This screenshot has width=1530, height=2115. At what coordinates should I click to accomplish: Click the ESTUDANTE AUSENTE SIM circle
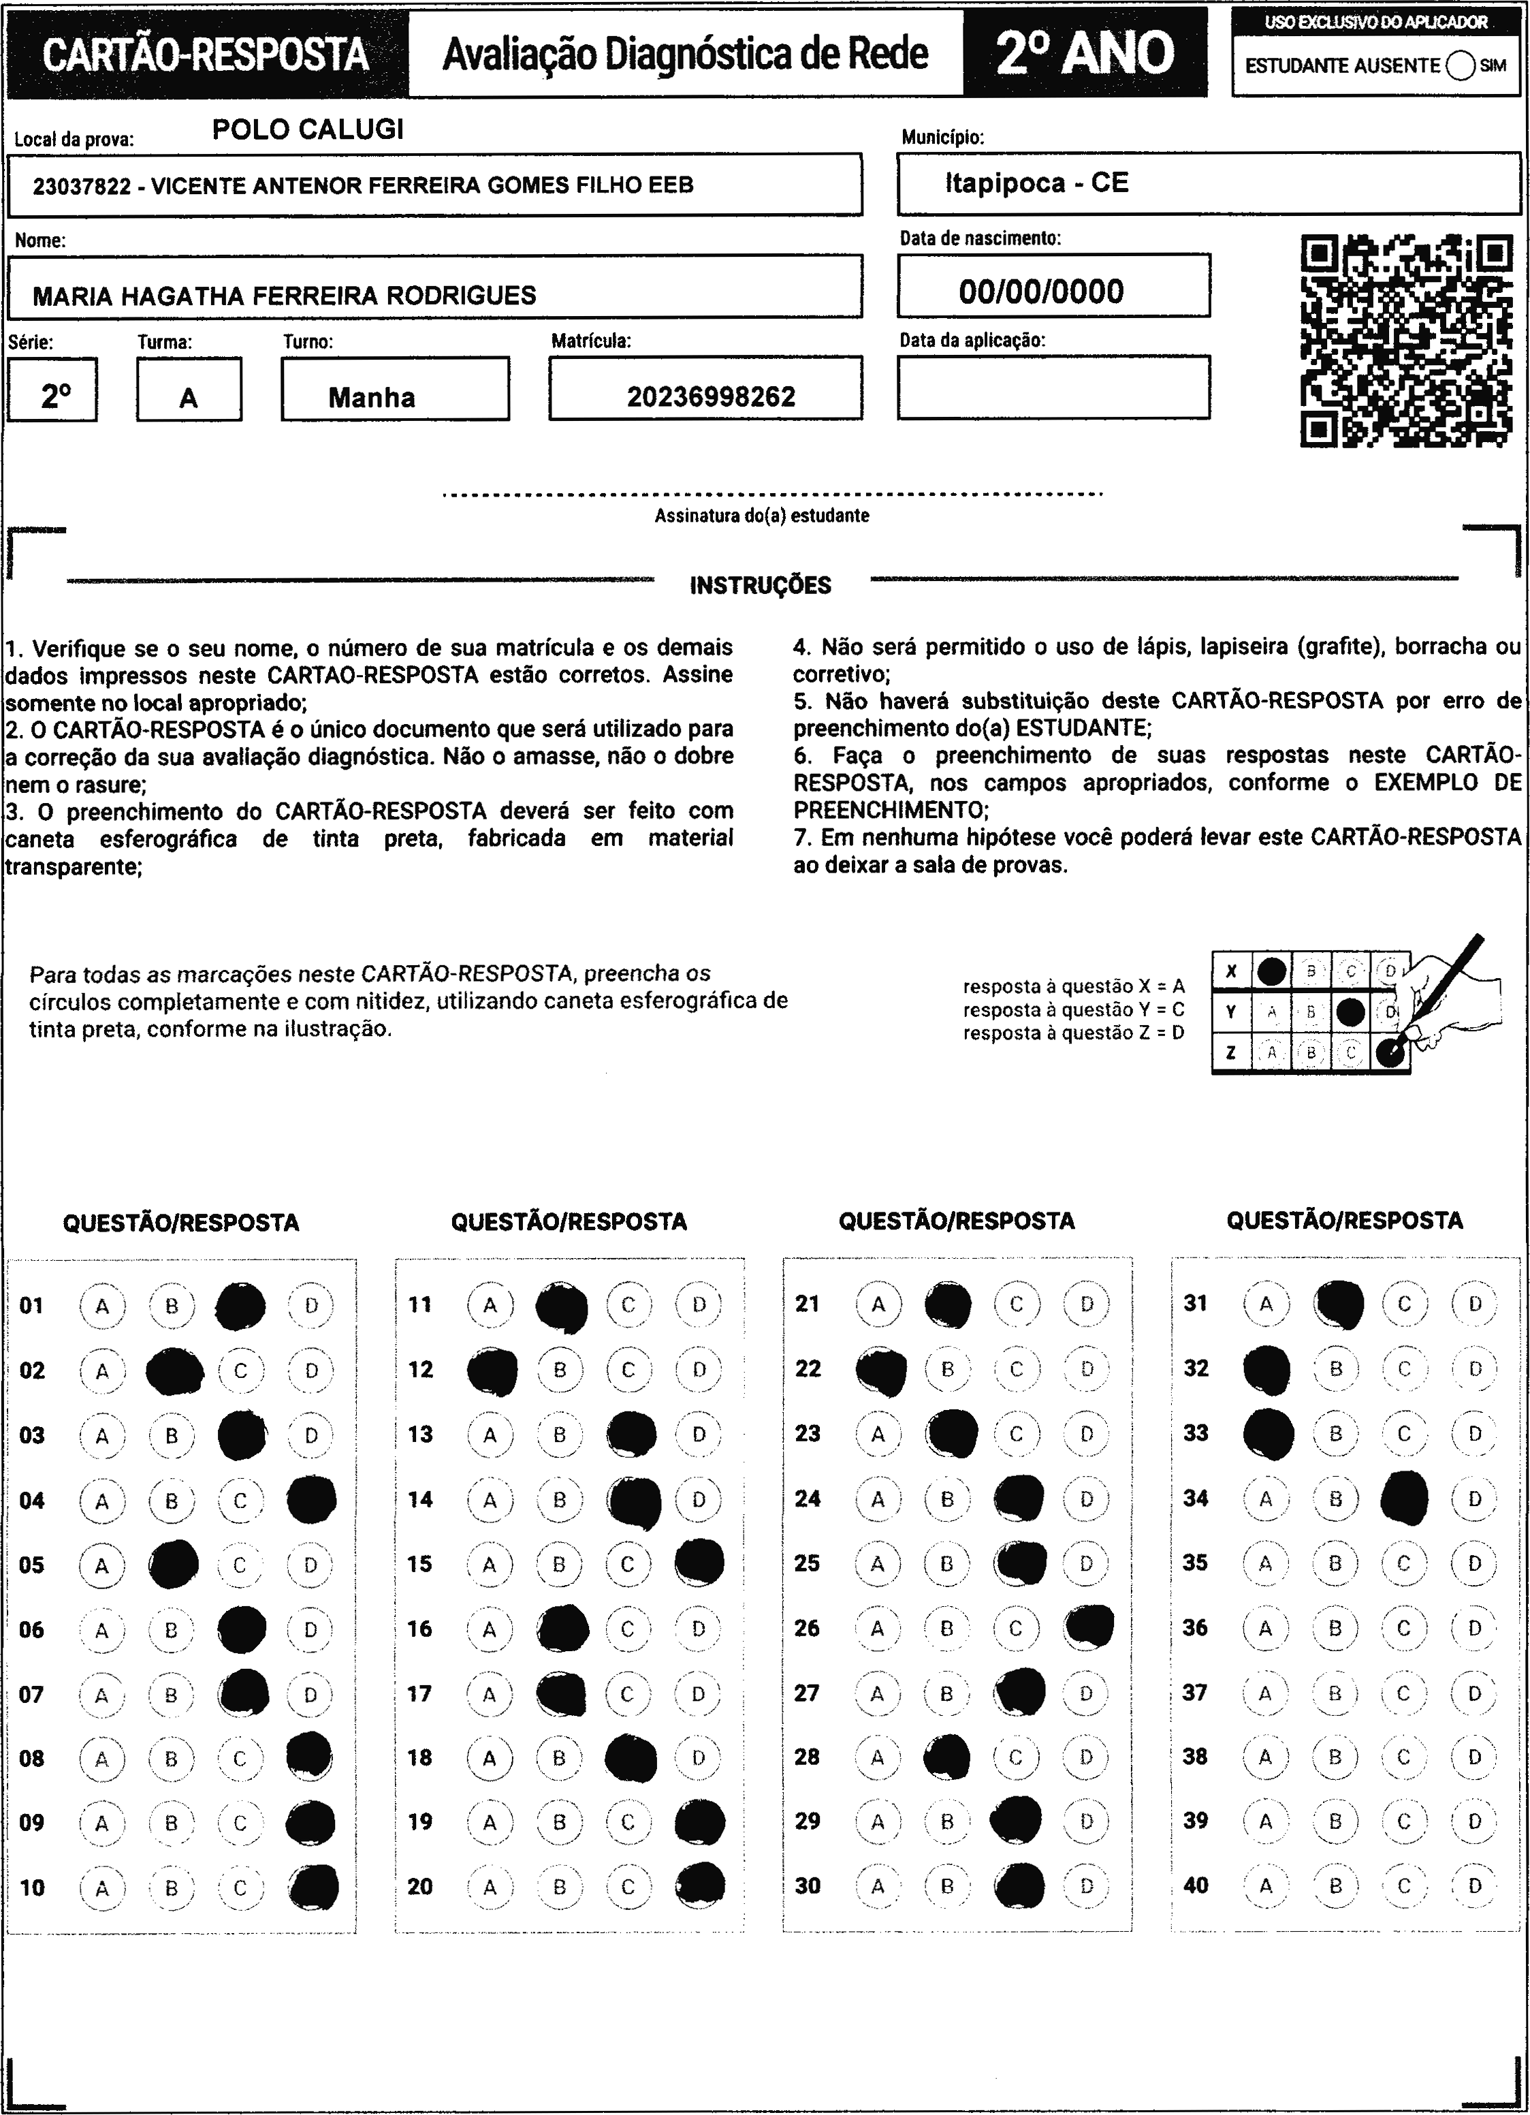pos(1462,66)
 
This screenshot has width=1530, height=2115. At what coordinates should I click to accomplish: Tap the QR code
pos(1406,341)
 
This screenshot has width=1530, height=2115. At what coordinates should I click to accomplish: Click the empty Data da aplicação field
pos(1053,387)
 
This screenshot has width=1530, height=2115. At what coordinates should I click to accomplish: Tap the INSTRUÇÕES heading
pos(760,586)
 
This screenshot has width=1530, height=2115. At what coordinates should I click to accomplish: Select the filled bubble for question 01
pos(240,1306)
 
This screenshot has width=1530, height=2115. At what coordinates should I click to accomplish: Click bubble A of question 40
pos(1265,1885)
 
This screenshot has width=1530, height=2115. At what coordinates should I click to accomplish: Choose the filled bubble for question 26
pos(1088,1627)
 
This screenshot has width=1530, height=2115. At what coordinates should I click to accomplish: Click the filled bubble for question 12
pos(492,1370)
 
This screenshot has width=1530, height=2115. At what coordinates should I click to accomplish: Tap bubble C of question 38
pos(1404,1757)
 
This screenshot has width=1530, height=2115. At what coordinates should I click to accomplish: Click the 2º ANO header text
pos(1085,54)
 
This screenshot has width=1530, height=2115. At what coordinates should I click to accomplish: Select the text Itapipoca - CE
pos(1037,183)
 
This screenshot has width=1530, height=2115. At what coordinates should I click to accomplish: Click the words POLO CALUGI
pos(308,129)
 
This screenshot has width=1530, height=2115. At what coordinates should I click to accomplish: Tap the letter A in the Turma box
pos(189,399)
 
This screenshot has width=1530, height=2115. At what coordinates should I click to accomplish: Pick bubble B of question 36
pos(1335,1627)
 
